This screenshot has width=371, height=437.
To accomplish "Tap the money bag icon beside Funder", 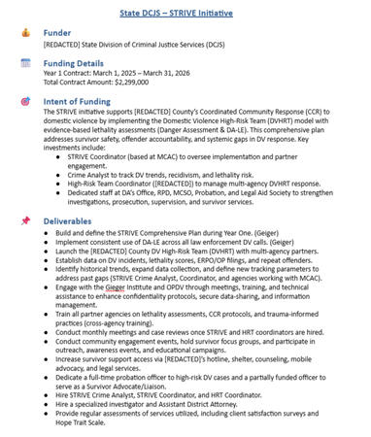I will [25, 33].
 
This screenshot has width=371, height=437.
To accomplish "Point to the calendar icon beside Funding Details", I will [25, 63].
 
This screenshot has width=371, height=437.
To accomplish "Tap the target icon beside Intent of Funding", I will [25, 101].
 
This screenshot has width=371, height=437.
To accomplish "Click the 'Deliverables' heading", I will [68, 220].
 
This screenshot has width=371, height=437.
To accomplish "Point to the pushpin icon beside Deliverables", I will [25, 220].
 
